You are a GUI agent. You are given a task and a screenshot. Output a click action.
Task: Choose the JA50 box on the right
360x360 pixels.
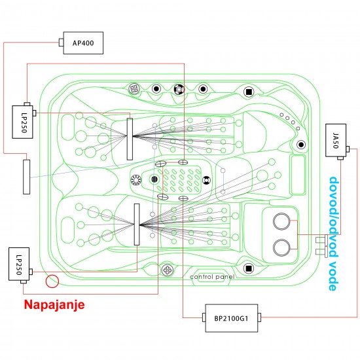336,139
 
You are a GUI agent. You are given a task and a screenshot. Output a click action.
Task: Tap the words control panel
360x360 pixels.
212,277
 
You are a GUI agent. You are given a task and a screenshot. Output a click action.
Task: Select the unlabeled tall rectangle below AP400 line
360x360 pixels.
27,175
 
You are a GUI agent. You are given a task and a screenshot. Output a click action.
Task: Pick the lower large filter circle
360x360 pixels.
282,247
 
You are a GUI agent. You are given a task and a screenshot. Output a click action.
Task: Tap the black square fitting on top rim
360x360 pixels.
248,92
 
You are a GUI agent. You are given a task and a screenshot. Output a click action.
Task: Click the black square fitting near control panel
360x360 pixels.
248,267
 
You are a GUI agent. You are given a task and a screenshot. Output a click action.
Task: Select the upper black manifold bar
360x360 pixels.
130,139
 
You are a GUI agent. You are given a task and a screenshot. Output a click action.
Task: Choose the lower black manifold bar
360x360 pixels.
137,224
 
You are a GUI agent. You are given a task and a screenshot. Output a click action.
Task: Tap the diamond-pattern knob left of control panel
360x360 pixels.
168,268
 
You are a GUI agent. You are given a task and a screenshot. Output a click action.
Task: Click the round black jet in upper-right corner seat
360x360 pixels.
300,144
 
